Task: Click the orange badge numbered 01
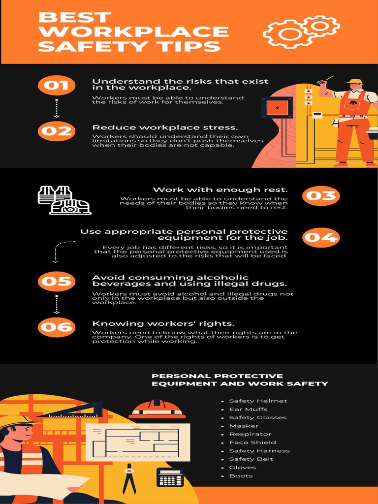click(56, 86)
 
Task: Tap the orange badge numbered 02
click(56, 131)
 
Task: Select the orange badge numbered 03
click(321, 196)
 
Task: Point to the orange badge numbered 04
click(321, 238)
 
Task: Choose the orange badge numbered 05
click(56, 281)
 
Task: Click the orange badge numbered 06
click(56, 327)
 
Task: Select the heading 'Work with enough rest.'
click(220, 189)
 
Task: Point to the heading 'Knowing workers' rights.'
click(163, 323)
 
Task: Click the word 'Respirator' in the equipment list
click(250, 434)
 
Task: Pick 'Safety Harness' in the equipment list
click(259, 451)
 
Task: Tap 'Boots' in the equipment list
click(241, 476)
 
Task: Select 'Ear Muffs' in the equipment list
click(248, 409)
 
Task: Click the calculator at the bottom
click(170, 477)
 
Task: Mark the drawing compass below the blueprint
click(129, 477)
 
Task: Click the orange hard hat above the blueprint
click(157, 409)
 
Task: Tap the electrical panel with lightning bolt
click(277, 108)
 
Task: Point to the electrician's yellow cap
click(354, 81)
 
